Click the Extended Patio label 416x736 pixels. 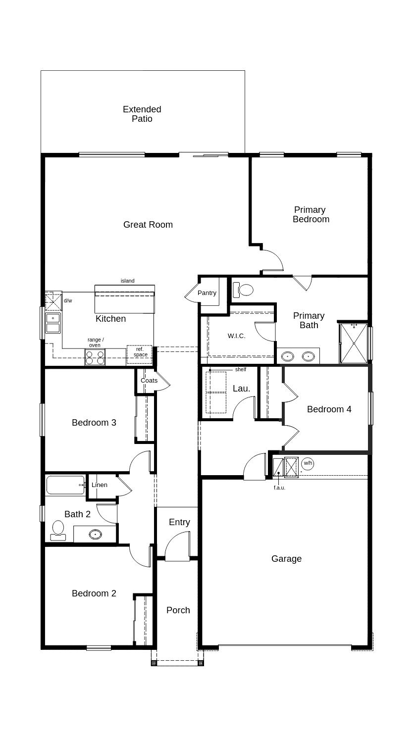click(142, 114)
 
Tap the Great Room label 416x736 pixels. click(148, 225)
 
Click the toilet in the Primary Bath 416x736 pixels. click(243, 290)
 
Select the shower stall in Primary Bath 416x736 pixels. click(354, 343)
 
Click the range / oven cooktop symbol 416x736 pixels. click(95, 357)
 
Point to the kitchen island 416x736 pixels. click(125, 299)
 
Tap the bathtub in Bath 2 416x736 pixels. click(66, 485)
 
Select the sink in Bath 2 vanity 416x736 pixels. click(96, 534)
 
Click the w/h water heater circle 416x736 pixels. click(308, 463)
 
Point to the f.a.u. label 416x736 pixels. click(279, 488)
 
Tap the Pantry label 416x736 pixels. click(207, 293)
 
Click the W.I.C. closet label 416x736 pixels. click(236, 336)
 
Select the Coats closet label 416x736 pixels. click(149, 381)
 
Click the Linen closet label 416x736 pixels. click(100, 485)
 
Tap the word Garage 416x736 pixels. click(286, 559)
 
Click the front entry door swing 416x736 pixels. click(177, 546)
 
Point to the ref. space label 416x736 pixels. click(141, 352)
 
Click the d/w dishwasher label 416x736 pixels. click(68, 300)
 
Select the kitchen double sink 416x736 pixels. click(53, 323)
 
